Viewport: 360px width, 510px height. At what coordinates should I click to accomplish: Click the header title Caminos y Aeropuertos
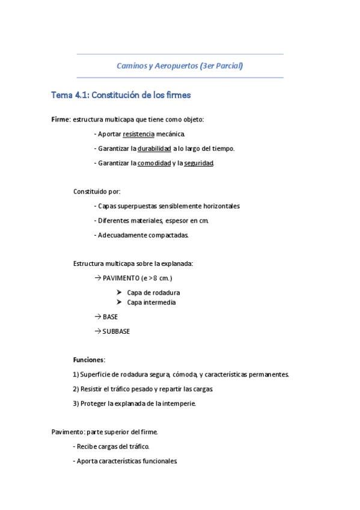coord(157,66)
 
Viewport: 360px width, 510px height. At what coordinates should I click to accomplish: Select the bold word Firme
coord(61,120)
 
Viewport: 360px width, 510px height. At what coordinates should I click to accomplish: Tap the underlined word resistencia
coord(138,134)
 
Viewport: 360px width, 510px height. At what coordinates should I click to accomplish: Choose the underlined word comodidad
coord(154,163)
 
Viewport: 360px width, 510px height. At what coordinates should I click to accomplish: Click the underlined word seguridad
coord(199,163)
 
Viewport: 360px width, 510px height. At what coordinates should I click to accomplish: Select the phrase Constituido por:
coord(97,191)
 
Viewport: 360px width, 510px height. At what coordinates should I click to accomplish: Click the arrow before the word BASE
coord(98,317)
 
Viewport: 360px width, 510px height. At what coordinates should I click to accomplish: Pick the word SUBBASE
coord(116,331)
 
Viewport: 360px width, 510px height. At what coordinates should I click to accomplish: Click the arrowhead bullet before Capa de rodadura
coord(119,293)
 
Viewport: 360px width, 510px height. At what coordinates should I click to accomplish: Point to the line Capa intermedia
coord(151,303)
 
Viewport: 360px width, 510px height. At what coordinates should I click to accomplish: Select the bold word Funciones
coord(88,360)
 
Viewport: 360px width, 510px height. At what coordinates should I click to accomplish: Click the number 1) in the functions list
coord(76,374)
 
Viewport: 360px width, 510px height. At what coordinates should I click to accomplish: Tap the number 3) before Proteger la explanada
coord(76,404)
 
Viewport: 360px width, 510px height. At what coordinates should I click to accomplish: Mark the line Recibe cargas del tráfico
coord(112,447)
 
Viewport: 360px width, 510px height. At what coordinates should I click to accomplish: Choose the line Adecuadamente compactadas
coord(144,235)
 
